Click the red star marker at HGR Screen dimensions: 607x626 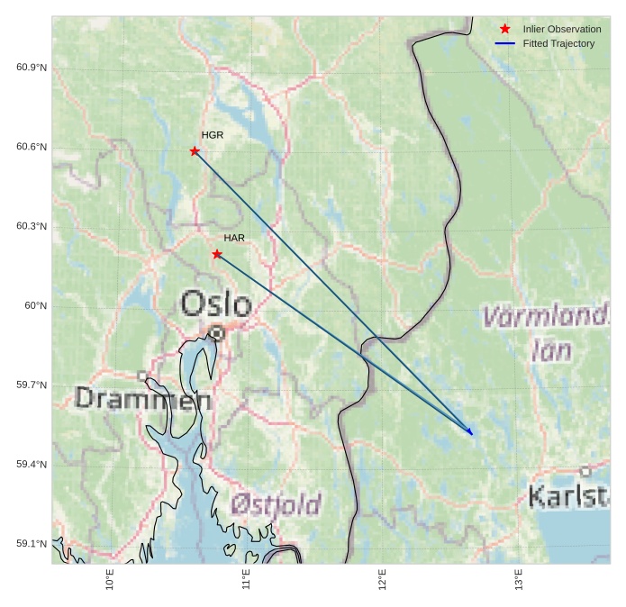[x=195, y=151]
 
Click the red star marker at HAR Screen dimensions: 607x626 [x=217, y=254]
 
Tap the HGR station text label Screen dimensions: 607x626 [x=213, y=135]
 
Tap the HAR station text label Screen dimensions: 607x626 [x=234, y=238]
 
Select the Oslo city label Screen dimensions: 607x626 [x=216, y=303]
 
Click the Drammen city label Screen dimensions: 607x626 [x=143, y=398]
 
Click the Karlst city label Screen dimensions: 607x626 [x=567, y=496]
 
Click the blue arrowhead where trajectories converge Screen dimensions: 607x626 [x=469, y=432]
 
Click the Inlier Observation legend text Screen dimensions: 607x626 [x=561, y=29]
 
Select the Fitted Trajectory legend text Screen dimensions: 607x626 [x=558, y=43]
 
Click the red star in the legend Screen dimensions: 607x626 [x=505, y=29]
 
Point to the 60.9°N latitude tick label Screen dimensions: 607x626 [x=32, y=68]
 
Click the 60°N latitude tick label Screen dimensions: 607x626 [x=35, y=305]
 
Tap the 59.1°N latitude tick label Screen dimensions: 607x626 [x=32, y=543]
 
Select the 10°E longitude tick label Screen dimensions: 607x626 [x=110, y=579]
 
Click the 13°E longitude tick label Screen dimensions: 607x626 [x=519, y=579]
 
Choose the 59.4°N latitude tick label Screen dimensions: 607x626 [x=32, y=464]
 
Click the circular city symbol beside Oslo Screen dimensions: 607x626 [x=216, y=333]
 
